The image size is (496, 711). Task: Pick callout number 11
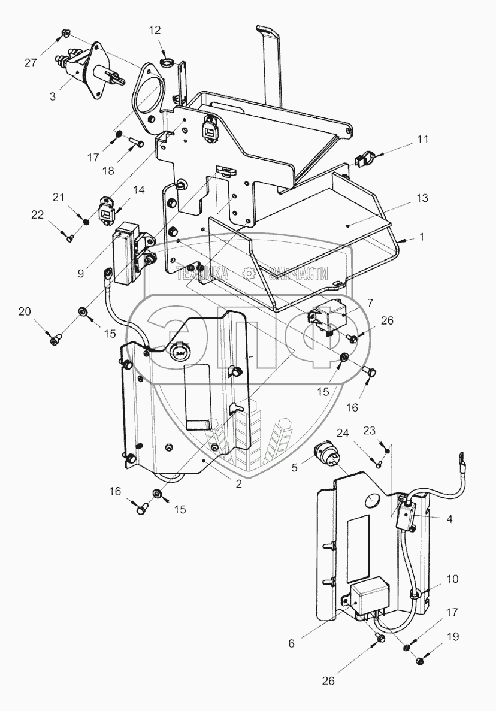point(423,140)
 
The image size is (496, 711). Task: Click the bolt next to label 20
point(56,340)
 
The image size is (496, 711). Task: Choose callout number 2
point(238,484)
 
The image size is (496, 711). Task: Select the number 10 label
point(452,579)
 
